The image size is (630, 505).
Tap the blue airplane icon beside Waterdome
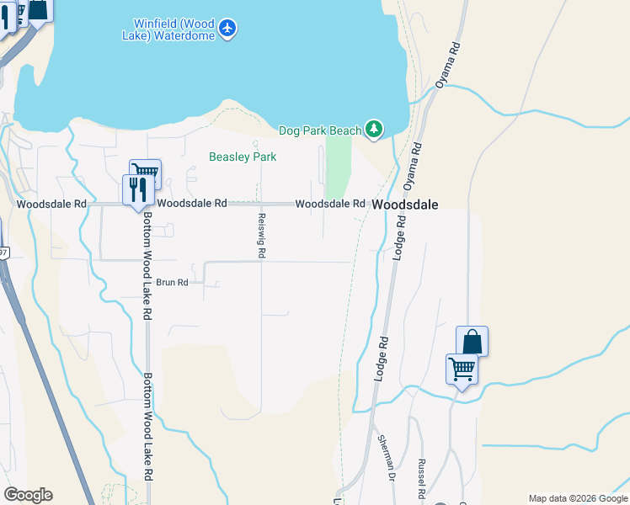(227, 29)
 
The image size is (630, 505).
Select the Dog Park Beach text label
(319, 130)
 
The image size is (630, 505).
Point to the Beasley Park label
(243, 157)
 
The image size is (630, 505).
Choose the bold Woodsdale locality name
(405, 205)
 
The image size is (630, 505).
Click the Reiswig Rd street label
(262, 236)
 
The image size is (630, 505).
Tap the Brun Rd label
(171, 283)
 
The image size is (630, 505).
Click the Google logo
(28, 495)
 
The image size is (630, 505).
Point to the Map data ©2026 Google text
(577, 498)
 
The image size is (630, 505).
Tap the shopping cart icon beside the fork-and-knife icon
(145, 173)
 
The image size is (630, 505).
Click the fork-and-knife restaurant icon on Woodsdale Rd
(136, 189)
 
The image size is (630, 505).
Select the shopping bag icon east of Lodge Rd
(472, 341)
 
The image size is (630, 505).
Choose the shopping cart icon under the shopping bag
(462, 369)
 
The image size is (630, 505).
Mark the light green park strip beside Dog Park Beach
(338, 168)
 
